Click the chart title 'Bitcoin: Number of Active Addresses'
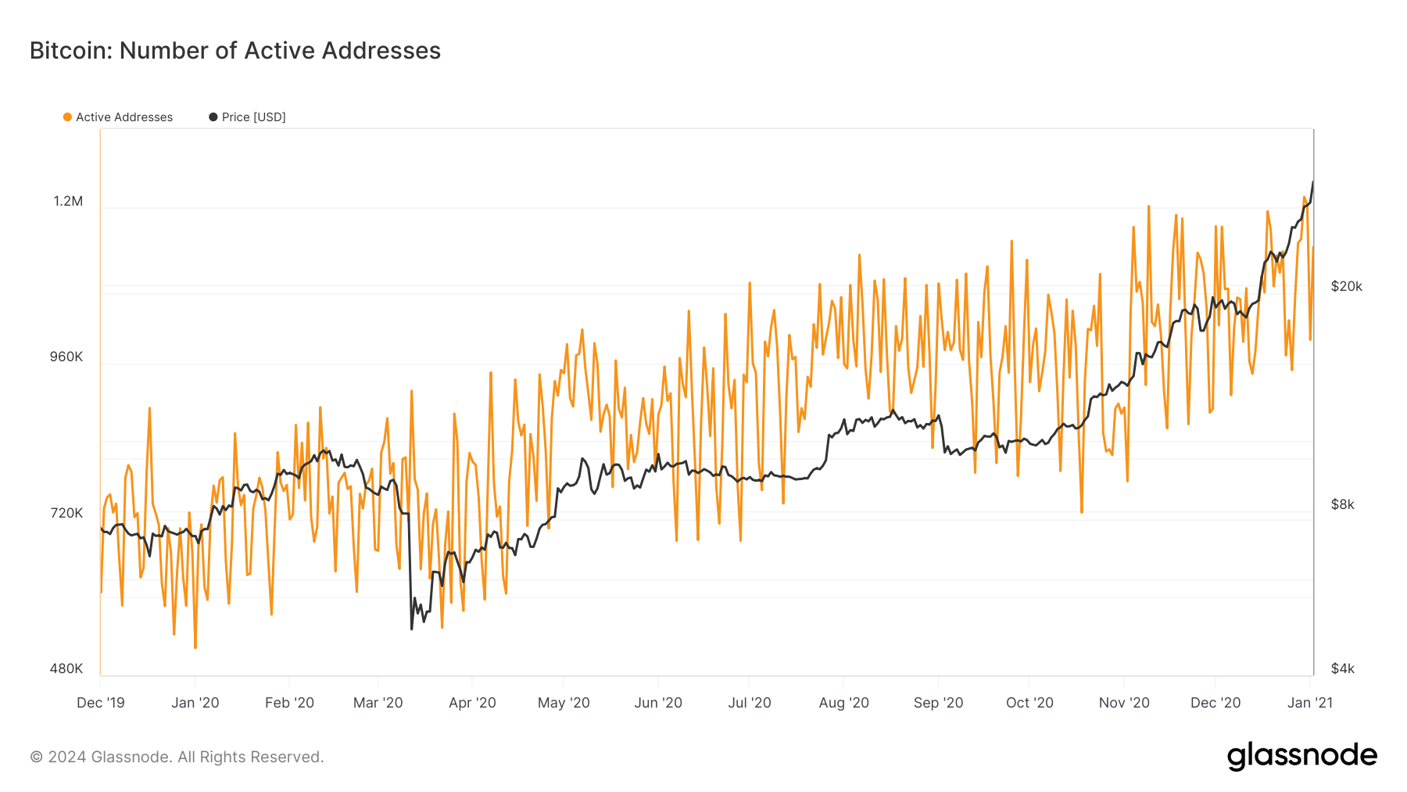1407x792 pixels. click(234, 51)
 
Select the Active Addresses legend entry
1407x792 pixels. click(124, 117)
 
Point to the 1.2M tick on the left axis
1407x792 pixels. click(68, 201)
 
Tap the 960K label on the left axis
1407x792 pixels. click(66, 357)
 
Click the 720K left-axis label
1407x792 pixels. click(66, 513)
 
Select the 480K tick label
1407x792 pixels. click(66, 668)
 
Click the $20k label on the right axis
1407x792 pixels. click(1346, 286)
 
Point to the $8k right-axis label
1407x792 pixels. click(1342, 504)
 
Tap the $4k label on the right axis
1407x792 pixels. click(1342, 668)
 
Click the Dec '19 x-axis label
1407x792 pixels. click(101, 703)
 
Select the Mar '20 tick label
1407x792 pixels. click(378, 703)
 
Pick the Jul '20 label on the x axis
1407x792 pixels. click(749, 703)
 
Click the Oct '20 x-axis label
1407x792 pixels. click(1029, 703)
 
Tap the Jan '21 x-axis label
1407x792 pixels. click(1309, 703)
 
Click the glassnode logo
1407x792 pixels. click(1301, 756)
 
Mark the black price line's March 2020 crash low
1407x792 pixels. click(411, 629)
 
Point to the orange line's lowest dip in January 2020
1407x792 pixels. click(195, 647)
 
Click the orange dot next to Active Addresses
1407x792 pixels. click(67, 117)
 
